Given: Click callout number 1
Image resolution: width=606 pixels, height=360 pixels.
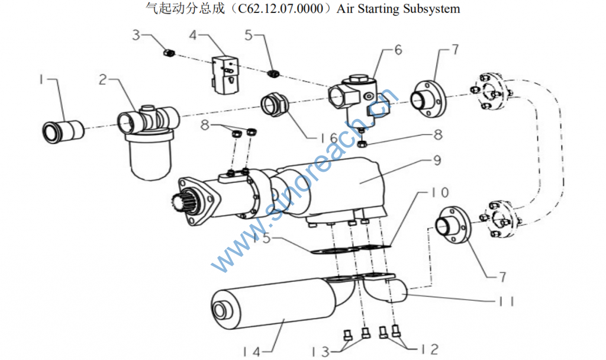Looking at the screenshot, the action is (42, 80).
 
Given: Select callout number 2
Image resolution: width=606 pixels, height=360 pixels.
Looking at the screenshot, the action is (102, 79).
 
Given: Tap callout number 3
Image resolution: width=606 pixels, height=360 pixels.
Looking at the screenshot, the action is (136, 35).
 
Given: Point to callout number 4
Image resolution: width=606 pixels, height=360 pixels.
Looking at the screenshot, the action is (192, 35).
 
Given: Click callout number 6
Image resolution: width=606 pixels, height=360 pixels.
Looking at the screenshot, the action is (398, 50).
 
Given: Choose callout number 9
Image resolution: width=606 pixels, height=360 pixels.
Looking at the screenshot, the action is (437, 160).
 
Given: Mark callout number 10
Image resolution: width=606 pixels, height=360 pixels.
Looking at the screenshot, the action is (440, 192).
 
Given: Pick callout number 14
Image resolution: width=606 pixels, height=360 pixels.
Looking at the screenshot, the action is (252, 352).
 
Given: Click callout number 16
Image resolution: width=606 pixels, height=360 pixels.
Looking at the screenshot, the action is (329, 138).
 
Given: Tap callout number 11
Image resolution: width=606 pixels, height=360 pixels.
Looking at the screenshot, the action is (507, 301).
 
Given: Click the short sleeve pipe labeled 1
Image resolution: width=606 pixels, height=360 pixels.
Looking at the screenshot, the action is (63, 131).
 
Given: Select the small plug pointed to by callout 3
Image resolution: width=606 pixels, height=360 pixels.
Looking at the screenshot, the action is (169, 53).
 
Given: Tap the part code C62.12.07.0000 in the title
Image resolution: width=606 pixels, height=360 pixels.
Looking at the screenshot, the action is (280, 8).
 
